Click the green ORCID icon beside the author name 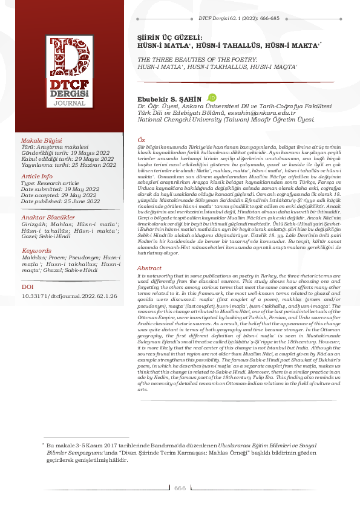click(x=211, y=97)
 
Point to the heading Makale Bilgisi click(x=42, y=140)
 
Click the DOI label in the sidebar click(x=28, y=288)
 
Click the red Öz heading click(x=141, y=140)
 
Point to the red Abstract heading click(x=149, y=268)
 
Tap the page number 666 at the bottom click(x=180, y=488)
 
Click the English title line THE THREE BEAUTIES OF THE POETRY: click(x=198, y=61)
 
